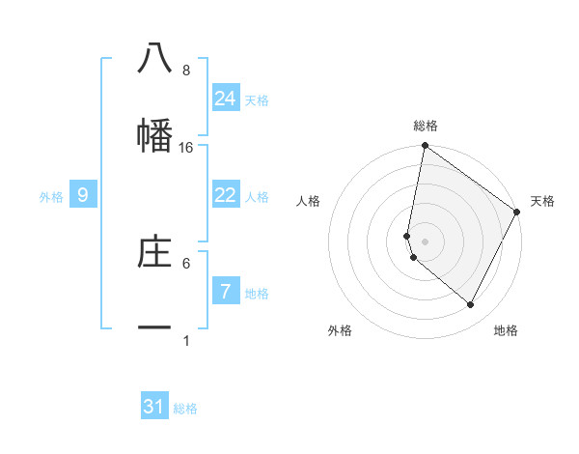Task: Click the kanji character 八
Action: (x=154, y=59)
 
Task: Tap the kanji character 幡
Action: (x=154, y=136)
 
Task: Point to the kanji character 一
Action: (x=154, y=329)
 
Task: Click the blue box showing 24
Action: (x=226, y=99)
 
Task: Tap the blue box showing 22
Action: (x=226, y=195)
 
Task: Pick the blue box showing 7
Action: (x=226, y=291)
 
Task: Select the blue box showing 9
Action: (x=83, y=195)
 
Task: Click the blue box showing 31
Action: (x=154, y=407)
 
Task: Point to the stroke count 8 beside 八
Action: (x=186, y=71)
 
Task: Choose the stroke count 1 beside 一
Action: (x=186, y=341)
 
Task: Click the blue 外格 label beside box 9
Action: (x=51, y=197)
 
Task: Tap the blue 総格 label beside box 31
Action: (x=185, y=409)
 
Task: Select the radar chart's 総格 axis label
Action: (x=426, y=126)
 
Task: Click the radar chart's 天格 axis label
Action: (x=542, y=201)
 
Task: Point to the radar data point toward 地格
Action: (x=471, y=305)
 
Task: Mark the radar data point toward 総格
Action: (x=425, y=147)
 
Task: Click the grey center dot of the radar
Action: (x=425, y=241)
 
